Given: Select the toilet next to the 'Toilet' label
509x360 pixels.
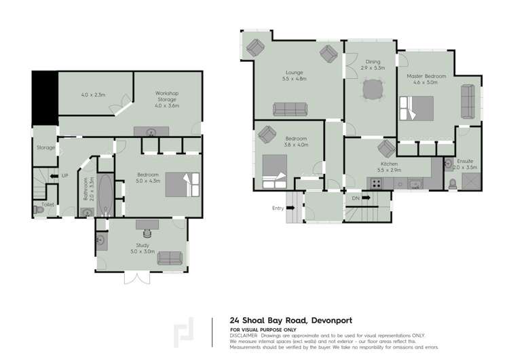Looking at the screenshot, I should click(x=39, y=211).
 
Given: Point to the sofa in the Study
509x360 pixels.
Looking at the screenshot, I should click(x=170, y=258).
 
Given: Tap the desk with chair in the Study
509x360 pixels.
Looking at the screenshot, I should click(x=147, y=225).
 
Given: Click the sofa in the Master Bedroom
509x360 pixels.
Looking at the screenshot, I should click(x=468, y=100).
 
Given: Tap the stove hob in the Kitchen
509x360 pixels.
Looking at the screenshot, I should click(x=375, y=183).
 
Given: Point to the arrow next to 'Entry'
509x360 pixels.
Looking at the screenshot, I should click(x=290, y=208).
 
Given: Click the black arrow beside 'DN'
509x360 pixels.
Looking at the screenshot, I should click(x=366, y=198).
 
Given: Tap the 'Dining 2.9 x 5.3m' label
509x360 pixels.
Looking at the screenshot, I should click(x=373, y=65).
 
